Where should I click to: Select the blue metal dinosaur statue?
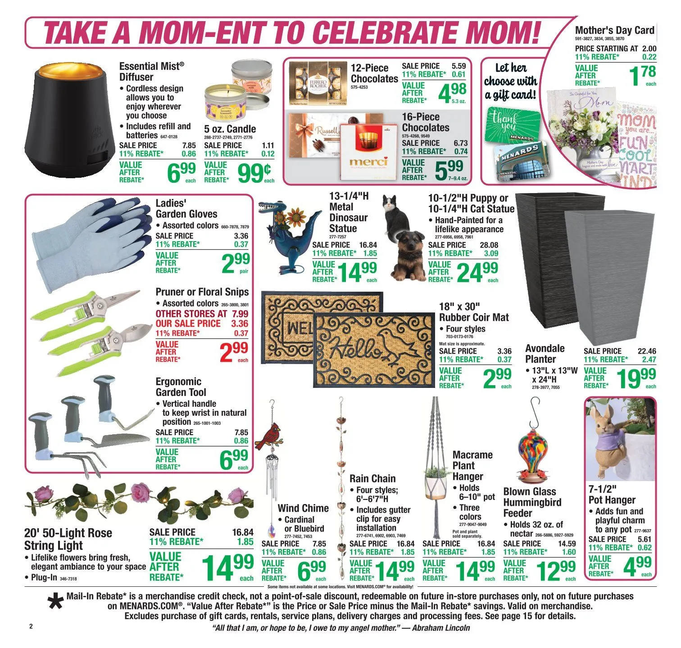tap(285, 238)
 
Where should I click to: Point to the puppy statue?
tap(408, 258)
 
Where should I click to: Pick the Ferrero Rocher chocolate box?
tap(318, 84)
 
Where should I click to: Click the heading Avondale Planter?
tap(545, 354)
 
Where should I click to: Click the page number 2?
tap(31, 626)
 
